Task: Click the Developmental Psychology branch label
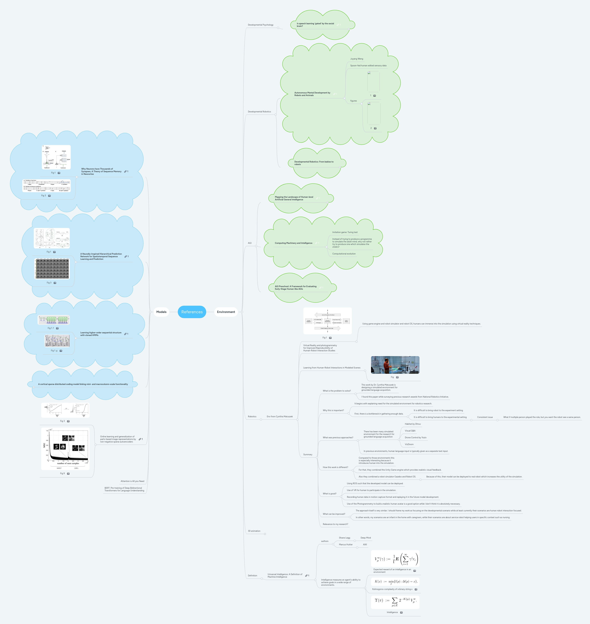(260, 25)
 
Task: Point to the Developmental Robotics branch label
(259, 112)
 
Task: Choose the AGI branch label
(250, 243)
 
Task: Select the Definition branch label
(253, 576)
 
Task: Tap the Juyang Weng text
(357, 59)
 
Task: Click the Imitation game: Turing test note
(345, 232)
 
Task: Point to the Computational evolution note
(344, 254)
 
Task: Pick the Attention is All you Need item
(132, 481)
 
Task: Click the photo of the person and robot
(395, 365)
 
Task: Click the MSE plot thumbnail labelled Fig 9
(65, 448)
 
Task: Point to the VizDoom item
(409, 444)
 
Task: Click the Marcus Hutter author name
(346, 545)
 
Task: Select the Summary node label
(308, 455)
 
